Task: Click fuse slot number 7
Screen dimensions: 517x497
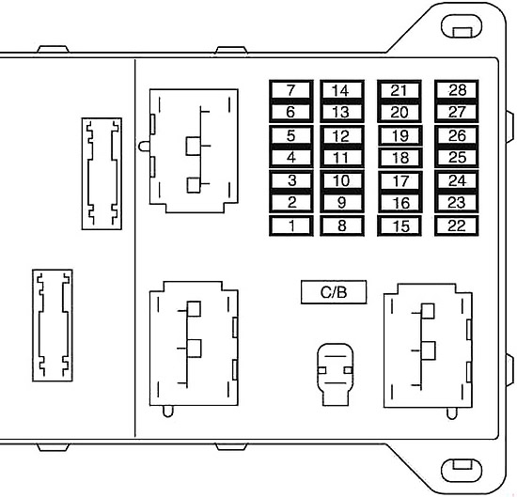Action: [x=290, y=90]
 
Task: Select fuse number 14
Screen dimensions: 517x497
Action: [x=342, y=90]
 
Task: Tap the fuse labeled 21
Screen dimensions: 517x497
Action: [x=399, y=90]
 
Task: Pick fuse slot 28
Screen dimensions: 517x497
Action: [x=457, y=90]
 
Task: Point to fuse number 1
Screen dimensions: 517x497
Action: [x=291, y=225]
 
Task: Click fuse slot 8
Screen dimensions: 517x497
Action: [x=342, y=225]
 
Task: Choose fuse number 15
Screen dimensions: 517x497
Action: [x=399, y=225]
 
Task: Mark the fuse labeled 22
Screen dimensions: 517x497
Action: [x=457, y=225]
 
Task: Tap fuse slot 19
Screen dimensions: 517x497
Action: [x=399, y=135]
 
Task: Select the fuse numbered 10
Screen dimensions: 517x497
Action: [x=342, y=180]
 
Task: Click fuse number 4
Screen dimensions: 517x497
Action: [x=291, y=157]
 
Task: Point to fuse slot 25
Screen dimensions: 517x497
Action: [x=457, y=157]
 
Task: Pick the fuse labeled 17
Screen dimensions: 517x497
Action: [x=399, y=180]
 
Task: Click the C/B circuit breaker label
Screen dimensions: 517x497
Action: [x=334, y=292]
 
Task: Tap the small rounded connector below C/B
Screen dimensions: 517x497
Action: [x=335, y=374]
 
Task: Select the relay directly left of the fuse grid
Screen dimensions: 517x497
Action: [x=194, y=150]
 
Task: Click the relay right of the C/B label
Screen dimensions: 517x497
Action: [x=428, y=346]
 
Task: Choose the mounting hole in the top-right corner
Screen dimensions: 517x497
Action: [x=462, y=26]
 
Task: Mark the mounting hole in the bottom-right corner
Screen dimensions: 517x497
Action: [x=462, y=469]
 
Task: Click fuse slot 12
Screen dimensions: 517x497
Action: [x=342, y=135]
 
